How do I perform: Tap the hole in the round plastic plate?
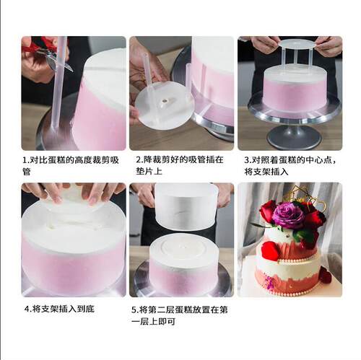click(165, 101)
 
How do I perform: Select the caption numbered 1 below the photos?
click(71, 166)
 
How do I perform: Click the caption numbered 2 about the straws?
click(180, 165)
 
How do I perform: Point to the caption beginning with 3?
click(290, 166)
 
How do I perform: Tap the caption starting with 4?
click(59, 309)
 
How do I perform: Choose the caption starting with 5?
click(179, 315)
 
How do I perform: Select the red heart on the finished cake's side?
click(269, 251)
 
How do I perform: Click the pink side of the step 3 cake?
click(295, 95)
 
